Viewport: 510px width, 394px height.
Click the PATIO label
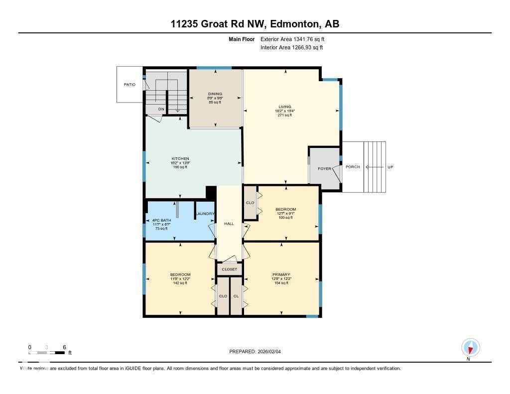point(129,85)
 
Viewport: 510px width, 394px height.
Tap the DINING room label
point(215,94)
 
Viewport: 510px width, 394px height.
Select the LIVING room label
point(284,107)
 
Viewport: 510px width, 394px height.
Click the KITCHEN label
point(180,159)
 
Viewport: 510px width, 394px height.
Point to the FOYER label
point(325,169)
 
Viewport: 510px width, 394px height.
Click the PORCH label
point(353,167)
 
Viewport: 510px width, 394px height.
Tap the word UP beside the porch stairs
point(390,167)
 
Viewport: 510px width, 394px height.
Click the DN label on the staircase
point(161,109)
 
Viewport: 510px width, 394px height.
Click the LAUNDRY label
point(205,214)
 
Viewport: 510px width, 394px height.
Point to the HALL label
point(229,224)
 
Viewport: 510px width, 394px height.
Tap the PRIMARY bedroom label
point(281,274)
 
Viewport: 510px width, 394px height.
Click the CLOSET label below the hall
point(230,269)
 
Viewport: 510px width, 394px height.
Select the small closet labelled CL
point(236,296)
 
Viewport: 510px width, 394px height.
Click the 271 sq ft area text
point(284,115)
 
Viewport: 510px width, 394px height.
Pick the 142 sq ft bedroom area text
point(180,283)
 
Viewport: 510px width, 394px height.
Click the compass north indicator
point(470,348)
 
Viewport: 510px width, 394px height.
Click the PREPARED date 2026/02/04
point(272,351)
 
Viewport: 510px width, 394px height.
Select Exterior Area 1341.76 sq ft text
point(292,39)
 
